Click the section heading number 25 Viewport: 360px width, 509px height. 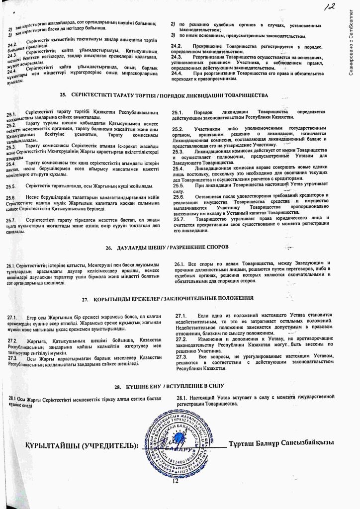[63, 94]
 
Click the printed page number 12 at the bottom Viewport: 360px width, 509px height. [175, 481]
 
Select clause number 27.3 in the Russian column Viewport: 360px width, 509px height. [181, 357]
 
